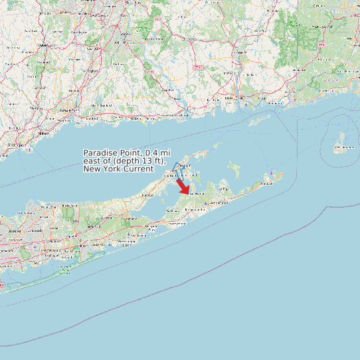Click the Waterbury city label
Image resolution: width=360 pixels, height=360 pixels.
point(45,44)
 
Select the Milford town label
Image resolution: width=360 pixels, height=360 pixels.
point(44,133)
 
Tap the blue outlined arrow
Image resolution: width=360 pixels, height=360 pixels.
point(178,170)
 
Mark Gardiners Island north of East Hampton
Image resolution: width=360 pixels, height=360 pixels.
point(233,168)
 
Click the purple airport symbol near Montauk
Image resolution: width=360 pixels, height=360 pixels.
point(272,174)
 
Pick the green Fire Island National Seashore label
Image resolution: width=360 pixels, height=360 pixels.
point(64,270)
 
